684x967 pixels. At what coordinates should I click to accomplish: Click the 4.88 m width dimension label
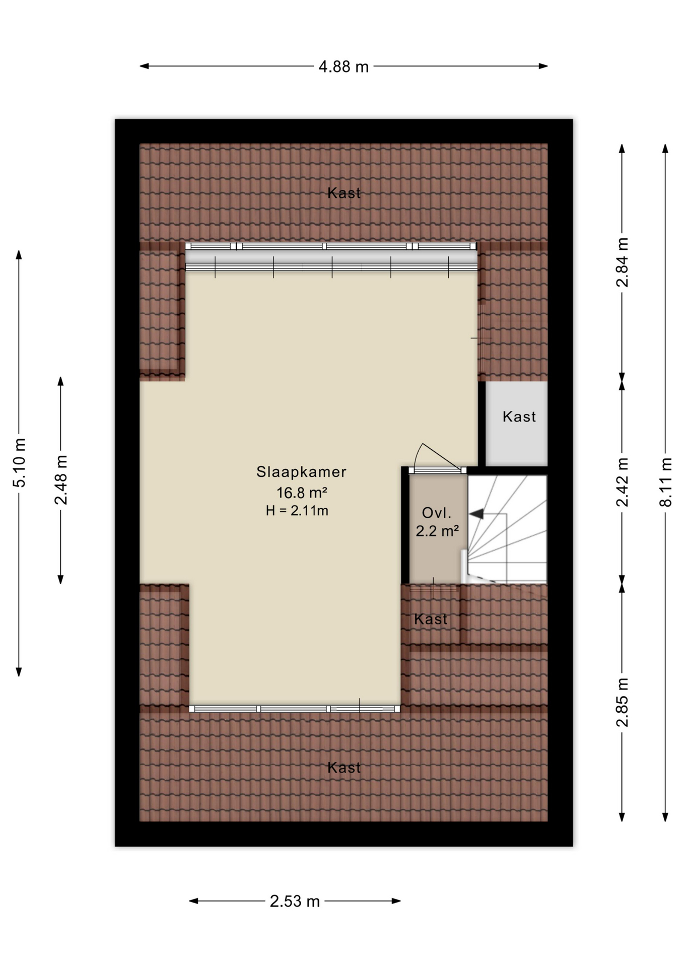point(344,66)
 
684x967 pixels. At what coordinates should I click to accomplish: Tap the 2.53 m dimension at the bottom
point(295,901)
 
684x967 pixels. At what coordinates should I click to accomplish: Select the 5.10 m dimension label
point(19,463)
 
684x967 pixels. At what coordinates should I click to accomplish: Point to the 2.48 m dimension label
point(61,480)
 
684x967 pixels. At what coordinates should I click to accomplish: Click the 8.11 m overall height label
point(665,482)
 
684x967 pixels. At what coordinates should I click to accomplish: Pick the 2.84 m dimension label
point(623,262)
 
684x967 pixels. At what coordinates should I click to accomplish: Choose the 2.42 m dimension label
point(623,482)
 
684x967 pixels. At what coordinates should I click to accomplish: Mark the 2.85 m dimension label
point(623,703)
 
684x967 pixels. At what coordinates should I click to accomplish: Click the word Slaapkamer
point(301,472)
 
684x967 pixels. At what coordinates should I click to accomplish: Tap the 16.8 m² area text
point(302,492)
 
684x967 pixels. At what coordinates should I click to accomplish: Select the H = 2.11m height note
point(297,511)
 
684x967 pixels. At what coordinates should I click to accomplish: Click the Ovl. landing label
point(436,513)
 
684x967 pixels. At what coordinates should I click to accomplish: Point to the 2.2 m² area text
point(437,531)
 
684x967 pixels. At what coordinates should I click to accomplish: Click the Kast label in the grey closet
point(519,417)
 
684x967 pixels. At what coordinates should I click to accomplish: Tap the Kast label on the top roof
point(344,193)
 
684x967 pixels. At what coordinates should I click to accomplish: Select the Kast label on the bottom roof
point(344,768)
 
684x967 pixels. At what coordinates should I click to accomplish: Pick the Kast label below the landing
point(431,619)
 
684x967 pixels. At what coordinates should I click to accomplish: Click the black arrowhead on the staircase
point(476,514)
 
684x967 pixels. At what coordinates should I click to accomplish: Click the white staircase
point(507,529)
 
